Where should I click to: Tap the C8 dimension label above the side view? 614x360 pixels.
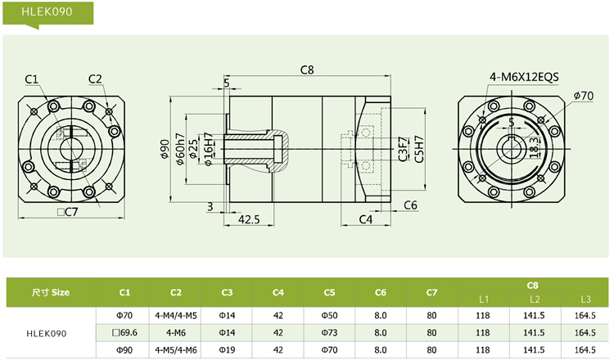click(x=308, y=70)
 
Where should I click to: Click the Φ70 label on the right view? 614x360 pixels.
click(x=583, y=96)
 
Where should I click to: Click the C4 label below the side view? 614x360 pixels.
click(x=366, y=219)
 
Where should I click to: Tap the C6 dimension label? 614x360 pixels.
click(x=411, y=205)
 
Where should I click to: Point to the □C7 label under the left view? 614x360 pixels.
click(x=67, y=213)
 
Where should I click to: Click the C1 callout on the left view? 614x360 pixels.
click(x=32, y=79)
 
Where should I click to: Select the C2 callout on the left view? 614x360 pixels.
click(x=95, y=79)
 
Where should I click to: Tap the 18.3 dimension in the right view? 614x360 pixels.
click(x=533, y=148)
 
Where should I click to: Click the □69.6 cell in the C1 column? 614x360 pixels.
click(x=124, y=333)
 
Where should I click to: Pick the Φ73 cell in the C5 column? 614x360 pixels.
click(x=329, y=333)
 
